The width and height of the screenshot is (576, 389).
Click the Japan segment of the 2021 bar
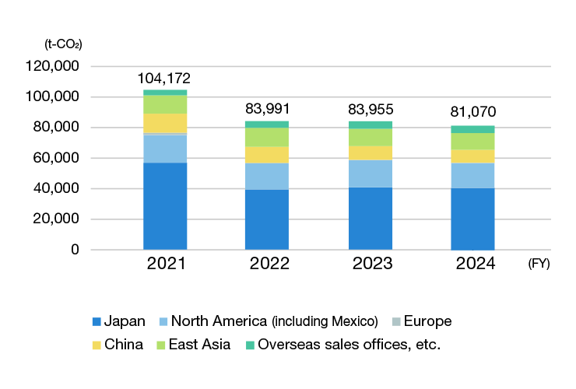click(x=165, y=206)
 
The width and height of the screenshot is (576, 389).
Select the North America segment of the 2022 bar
click(x=267, y=177)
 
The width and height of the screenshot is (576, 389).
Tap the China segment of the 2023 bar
click(x=370, y=152)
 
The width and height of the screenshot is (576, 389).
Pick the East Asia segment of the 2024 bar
click(x=472, y=141)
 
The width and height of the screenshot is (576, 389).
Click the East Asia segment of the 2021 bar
click(x=165, y=104)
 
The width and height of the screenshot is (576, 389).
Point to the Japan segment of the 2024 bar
click(x=472, y=219)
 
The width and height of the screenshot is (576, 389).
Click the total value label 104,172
click(x=163, y=79)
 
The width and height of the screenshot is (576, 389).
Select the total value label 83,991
click(x=268, y=109)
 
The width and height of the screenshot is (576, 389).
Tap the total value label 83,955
click(x=370, y=109)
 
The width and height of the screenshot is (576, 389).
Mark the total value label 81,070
click(x=473, y=112)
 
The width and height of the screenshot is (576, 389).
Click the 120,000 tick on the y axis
click(x=54, y=67)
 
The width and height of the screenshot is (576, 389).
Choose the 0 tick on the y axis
click(x=76, y=250)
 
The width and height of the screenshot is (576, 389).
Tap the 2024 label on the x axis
click(x=475, y=264)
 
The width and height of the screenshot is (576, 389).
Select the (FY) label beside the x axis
click(x=538, y=264)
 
